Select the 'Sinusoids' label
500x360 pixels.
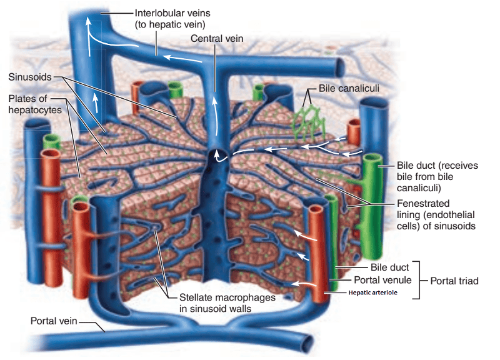click(29, 77)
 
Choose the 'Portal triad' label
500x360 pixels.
click(454, 281)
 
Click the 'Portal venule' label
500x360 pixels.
click(382, 279)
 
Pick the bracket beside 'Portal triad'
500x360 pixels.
click(421, 281)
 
